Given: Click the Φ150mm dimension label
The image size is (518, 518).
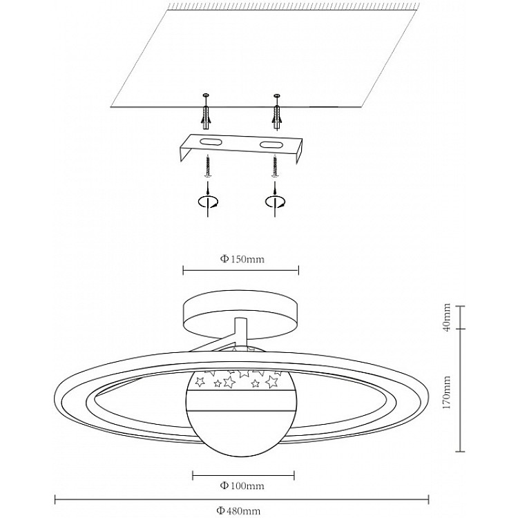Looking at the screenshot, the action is pos(242,259).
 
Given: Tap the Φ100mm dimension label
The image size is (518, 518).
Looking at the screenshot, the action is pos(242,486).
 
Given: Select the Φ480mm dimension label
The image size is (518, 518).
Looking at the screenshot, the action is pos(238,511).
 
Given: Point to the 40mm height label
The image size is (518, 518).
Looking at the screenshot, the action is pos(447,317).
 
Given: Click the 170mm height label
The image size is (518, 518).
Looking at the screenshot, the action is pos(447,392).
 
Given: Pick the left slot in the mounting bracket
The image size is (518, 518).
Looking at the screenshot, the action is pos(210,142).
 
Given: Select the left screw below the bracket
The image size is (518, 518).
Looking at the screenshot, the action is pos(208,166).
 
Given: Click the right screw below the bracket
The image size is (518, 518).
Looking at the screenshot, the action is pos(275,168).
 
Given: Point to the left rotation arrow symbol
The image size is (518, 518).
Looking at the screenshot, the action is pos(207,201).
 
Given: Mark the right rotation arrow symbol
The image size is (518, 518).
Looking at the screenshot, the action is pos(275,201).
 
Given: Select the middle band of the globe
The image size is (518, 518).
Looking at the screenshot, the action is pos(241,401).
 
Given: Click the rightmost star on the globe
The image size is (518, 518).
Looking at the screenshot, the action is pos(272,381).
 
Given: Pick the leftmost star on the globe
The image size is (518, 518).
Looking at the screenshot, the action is pos(199,381).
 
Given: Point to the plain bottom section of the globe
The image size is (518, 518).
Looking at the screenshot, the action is pos(241,434).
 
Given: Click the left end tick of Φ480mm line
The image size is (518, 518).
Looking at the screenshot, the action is pos(55,499).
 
